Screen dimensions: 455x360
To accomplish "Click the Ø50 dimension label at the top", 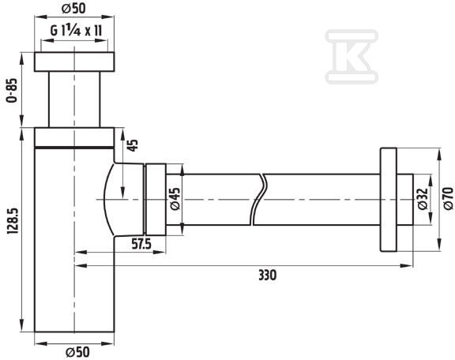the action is pos(73,9).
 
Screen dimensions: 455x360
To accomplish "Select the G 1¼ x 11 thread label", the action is pos(76,30).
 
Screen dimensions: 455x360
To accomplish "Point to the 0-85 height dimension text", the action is pos(12,90).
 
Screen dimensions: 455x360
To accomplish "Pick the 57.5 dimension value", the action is pos(141,244).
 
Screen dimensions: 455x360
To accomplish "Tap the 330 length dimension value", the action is pos(267,275).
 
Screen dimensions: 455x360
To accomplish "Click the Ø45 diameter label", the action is pos(175,198).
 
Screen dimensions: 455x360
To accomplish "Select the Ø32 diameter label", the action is pos(423,199).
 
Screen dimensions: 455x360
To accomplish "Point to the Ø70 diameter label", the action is pos(449,198).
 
